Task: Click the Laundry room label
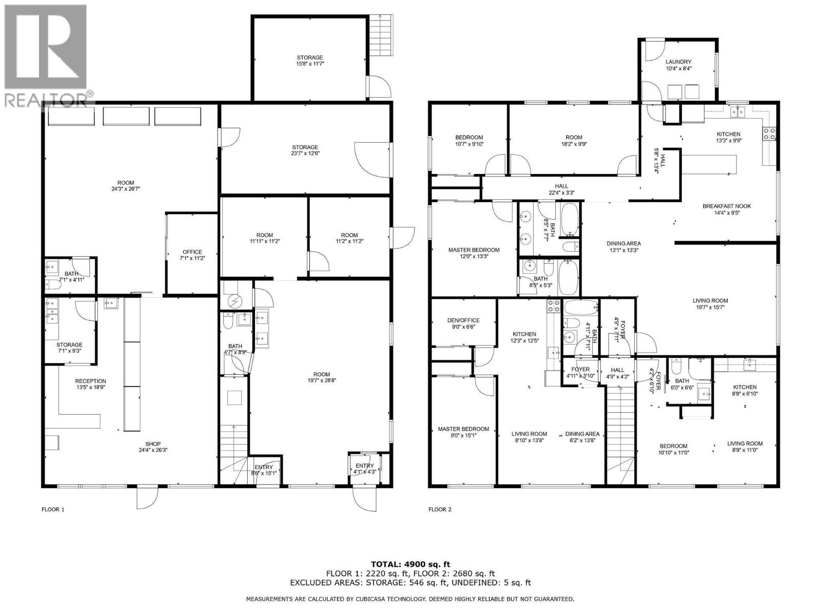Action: click(678, 62)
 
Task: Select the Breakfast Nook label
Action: click(726, 206)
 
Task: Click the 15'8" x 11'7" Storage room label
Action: click(310, 57)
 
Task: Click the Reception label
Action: click(90, 381)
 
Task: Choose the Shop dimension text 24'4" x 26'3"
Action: click(153, 450)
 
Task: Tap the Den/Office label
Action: click(463, 320)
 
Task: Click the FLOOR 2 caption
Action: click(440, 510)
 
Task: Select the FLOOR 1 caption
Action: click(53, 510)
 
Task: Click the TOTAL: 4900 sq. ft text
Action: click(411, 564)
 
